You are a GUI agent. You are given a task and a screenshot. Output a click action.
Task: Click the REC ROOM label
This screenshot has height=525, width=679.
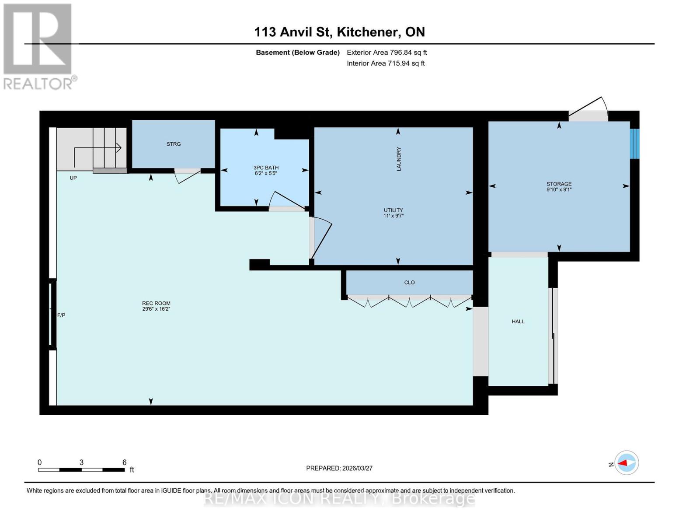[156, 303]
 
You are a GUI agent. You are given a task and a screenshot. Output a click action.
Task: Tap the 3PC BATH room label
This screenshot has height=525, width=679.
[266, 168]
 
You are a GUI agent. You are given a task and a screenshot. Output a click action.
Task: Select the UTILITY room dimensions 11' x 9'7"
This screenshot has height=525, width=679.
[393, 216]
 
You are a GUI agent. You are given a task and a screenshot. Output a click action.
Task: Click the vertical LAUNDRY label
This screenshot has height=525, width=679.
[398, 159]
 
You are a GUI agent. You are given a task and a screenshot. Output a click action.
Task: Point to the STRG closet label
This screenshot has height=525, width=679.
[174, 144]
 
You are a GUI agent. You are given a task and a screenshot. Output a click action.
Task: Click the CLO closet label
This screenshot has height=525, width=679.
[409, 283]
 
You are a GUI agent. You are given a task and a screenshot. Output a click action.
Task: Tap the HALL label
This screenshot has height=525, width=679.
[518, 322]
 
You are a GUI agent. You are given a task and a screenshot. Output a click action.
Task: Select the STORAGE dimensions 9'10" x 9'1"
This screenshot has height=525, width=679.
[559, 189]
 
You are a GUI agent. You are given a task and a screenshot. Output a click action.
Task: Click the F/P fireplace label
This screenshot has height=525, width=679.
[61, 315]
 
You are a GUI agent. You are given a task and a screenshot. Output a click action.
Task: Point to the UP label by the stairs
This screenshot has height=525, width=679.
[73, 178]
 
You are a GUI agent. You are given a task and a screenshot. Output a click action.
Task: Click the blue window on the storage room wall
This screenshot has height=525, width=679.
[634, 143]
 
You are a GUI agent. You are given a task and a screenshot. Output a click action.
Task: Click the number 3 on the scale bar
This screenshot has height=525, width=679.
[81, 462]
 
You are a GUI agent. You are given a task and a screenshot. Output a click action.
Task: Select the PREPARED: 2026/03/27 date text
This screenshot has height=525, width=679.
[339, 468]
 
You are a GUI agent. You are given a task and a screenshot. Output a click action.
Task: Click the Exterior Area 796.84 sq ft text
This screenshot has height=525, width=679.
[387, 52]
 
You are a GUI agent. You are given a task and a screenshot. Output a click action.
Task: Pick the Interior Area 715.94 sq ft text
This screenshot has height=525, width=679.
[386, 63]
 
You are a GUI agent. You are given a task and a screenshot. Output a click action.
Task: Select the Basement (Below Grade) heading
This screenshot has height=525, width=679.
[298, 52]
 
